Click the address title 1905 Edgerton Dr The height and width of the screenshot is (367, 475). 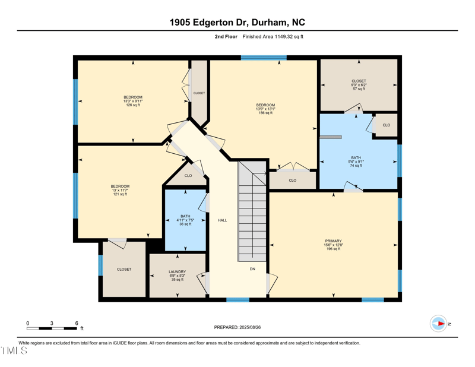(x=237, y=23)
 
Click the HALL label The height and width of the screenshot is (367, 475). (x=222, y=220)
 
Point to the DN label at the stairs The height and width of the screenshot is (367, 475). (x=252, y=268)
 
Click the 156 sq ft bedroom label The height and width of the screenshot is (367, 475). (x=265, y=109)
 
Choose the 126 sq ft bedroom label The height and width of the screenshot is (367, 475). (x=133, y=101)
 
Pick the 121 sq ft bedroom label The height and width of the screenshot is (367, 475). (x=120, y=190)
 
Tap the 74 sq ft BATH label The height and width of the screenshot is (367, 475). (x=356, y=162)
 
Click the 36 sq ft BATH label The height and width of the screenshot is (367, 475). (x=186, y=220)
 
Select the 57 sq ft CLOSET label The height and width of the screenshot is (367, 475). (x=359, y=84)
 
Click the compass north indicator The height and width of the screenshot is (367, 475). (x=439, y=324)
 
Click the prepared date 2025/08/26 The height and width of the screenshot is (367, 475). (x=237, y=327)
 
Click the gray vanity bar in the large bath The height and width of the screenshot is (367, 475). (x=331, y=137)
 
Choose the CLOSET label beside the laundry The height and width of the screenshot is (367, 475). (x=124, y=270)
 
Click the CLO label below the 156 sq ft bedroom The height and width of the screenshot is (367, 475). (x=293, y=181)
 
